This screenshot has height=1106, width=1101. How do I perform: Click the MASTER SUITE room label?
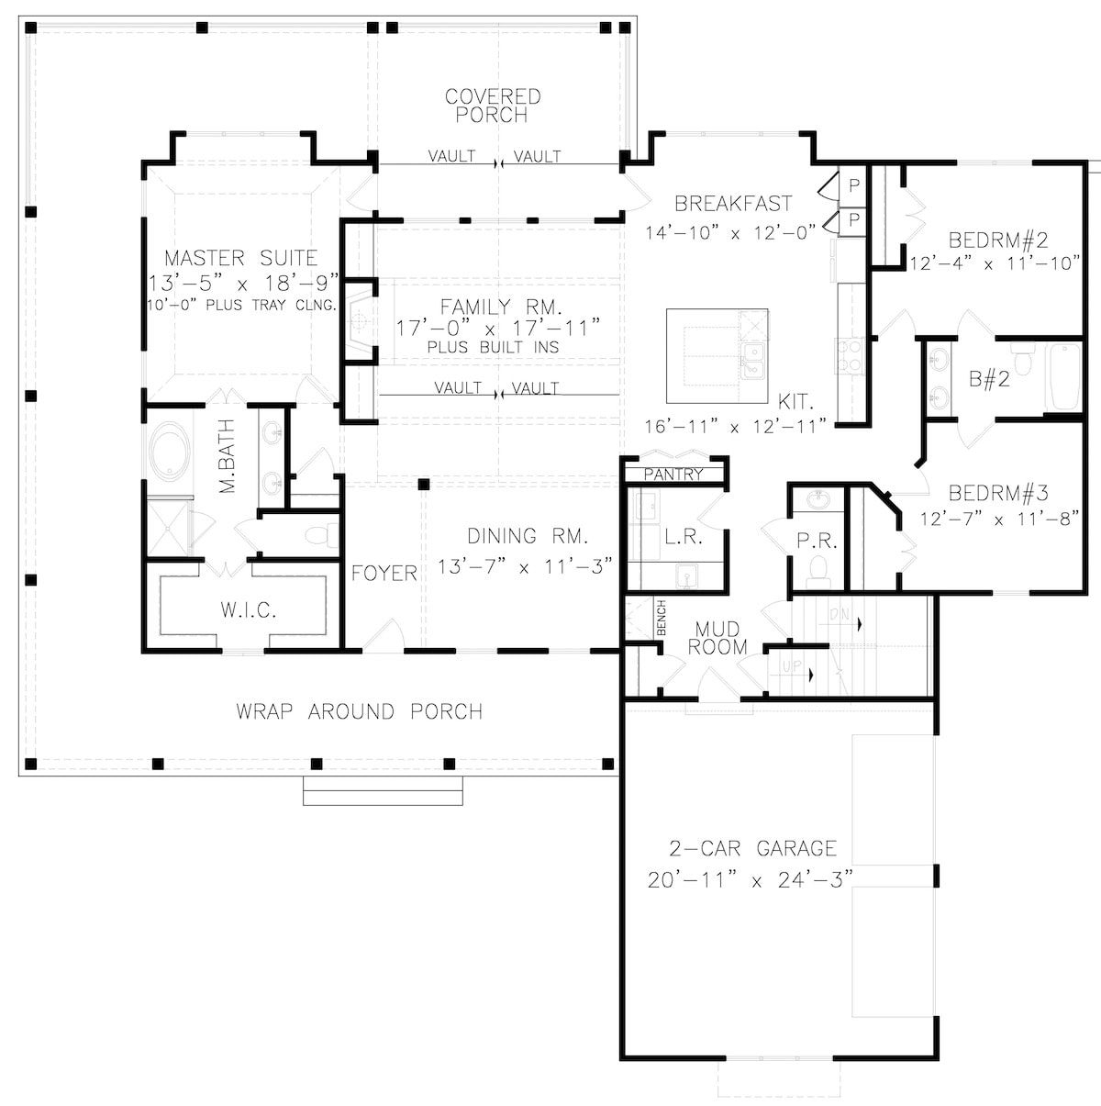240,259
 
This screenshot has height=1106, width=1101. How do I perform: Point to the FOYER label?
384,574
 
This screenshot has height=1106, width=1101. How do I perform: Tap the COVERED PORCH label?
493,106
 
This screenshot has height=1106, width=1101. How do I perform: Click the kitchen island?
717,354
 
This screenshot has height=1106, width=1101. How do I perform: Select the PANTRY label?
673,475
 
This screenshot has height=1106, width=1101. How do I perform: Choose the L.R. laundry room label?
684,537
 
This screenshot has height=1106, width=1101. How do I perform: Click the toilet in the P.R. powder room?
817,575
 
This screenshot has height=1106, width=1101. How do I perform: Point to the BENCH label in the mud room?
661,619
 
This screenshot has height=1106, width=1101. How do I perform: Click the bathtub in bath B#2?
1064,376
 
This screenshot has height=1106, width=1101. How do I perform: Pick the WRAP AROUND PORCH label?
359,711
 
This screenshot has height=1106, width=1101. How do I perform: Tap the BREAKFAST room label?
733,204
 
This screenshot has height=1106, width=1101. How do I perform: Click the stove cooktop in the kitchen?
849,355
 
